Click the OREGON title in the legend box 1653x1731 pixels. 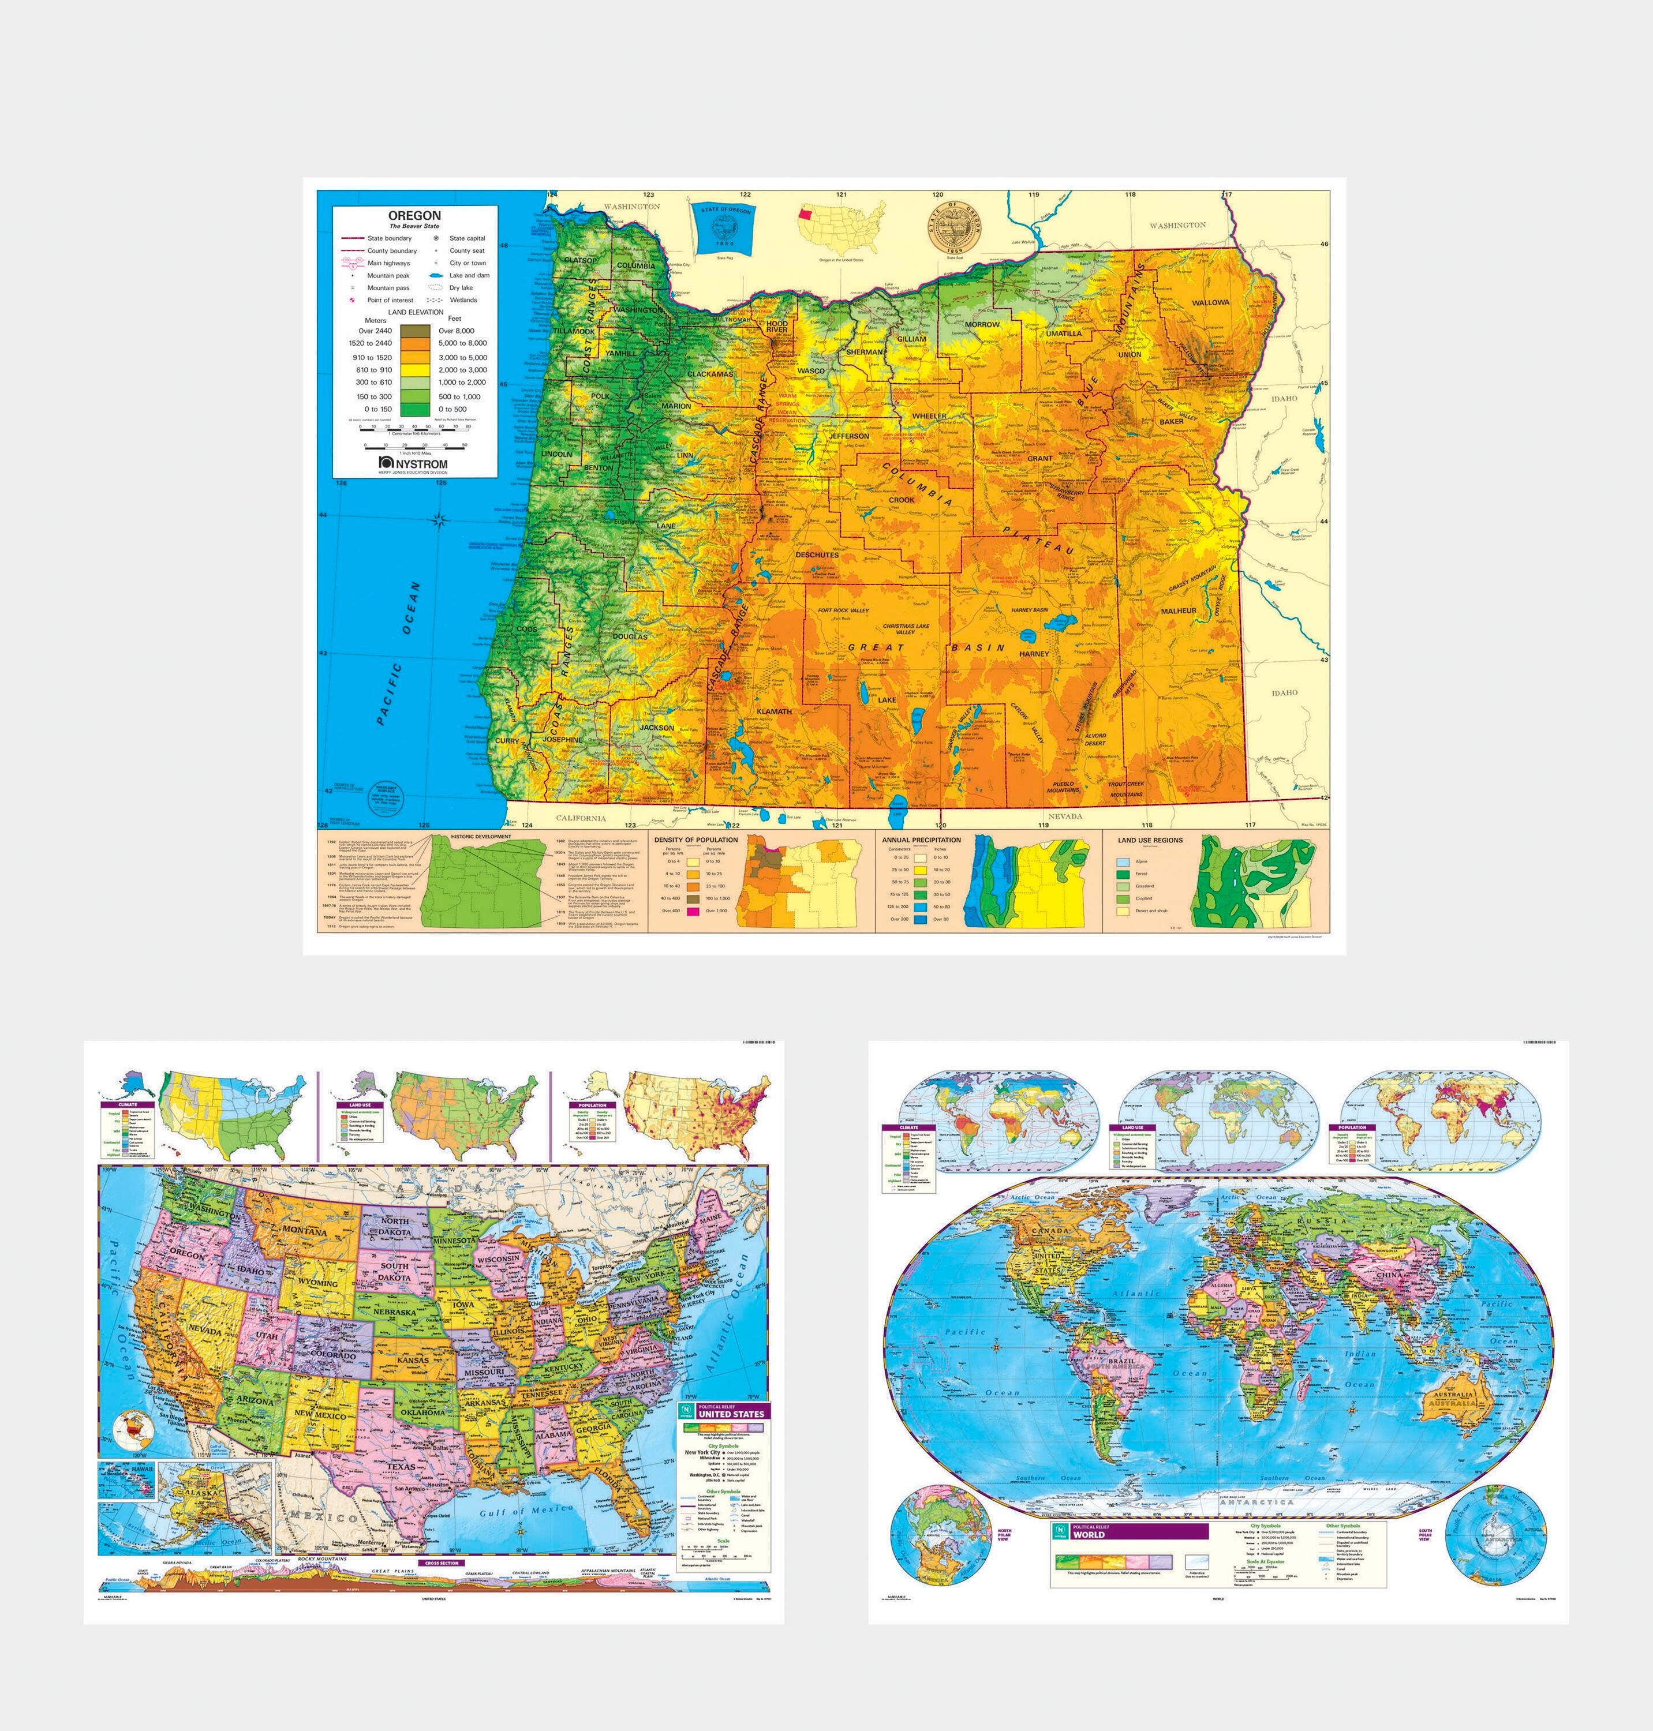(414, 215)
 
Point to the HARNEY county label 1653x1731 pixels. (1034, 654)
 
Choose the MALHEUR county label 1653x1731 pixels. (1178, 610)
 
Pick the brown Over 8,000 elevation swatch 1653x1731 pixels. (415, 331)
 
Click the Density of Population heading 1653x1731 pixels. (696, 840)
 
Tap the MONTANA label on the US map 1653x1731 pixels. (305, 1231)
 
